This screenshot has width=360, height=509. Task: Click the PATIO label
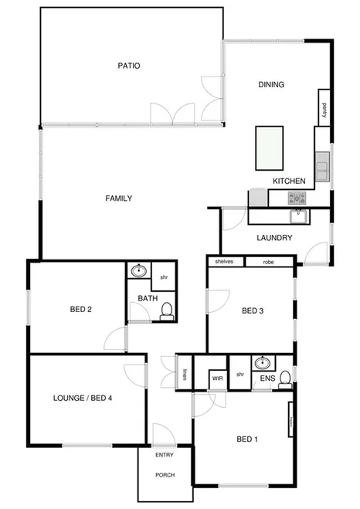pyautogui.click(x=129, y=66)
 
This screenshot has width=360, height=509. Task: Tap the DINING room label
pyautogui.click(x=271, y=85)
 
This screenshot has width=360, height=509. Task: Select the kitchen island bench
pyautogui.click(x=270, y=148)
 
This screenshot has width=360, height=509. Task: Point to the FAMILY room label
pyautogui.click(x=118, y=199)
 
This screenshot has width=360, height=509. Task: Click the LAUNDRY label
pyautogui.click(x=274, y=238)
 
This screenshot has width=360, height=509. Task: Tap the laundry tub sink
pyautogui.click(x=297, y=216)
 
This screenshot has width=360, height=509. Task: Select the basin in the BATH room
pyautogui.click(x=138, y=272)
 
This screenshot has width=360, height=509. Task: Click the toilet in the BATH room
pyautogui.click(x=165, y=310)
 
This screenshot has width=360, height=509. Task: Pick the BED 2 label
pyautogui.click(x=81, y=310)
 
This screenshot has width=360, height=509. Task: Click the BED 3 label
pyautogui.click(x=253, y=311)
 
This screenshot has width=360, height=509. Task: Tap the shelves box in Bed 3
pyautogui.click(x=224, y=262)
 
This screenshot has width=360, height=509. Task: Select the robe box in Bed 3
pyautogui.click(x=268, y=262)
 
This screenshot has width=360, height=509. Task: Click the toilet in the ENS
pyautogui.click(x=285, y=378)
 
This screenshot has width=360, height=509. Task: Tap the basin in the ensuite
pyautogui.click(x=262, y=362)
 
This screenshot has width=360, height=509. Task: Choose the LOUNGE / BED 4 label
pyautogui.click(x=83, y=399)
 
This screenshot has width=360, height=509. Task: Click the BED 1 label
pyautogui.click(x=246, y=439)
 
